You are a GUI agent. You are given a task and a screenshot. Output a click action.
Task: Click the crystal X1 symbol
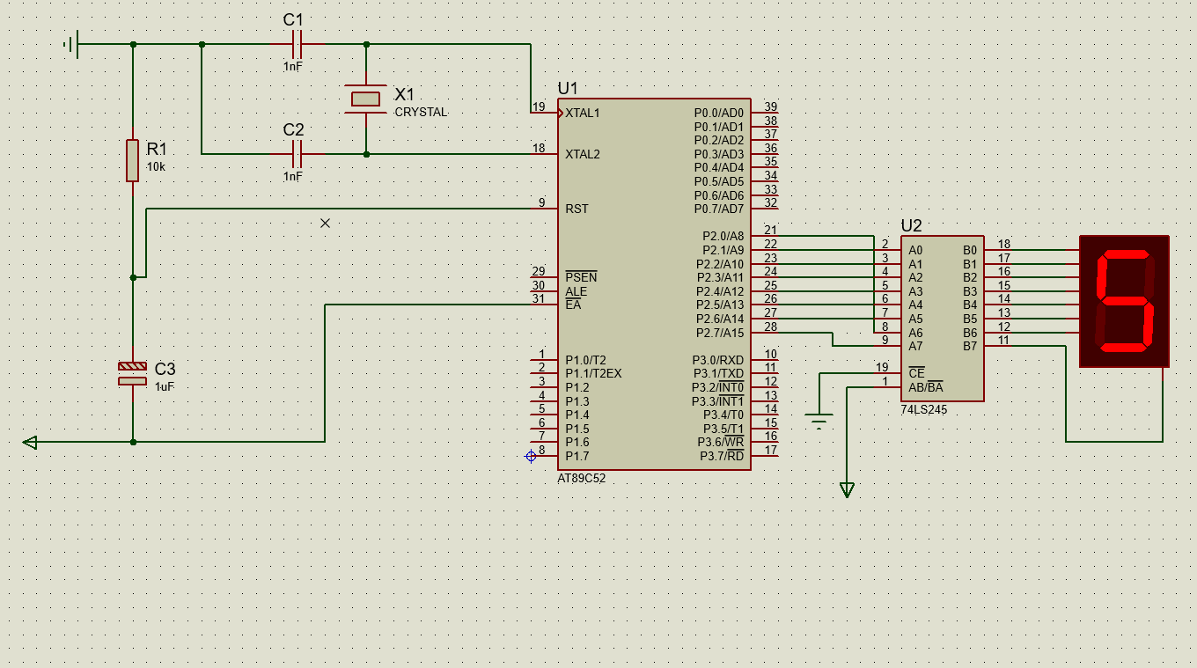[x=366, y=99]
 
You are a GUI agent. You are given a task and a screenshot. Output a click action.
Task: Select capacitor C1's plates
[x=297, y=44]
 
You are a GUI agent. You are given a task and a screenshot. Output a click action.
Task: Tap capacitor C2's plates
[x=297, y=154]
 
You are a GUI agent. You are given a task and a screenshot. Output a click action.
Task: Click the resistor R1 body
[x=133, y=161]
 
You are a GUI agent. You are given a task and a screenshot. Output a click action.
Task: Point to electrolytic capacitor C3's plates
[x=133, y=373]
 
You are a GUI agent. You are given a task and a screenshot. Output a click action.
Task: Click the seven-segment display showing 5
[x=1124, y=301]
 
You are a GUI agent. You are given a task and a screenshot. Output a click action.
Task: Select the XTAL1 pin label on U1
[x=583, y=113]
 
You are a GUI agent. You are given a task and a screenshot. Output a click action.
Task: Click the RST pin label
[x=576, y=209]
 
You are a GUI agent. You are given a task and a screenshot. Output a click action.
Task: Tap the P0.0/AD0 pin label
[x=719, y=113]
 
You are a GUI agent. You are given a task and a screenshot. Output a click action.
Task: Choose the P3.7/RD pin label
[x=722, y=456]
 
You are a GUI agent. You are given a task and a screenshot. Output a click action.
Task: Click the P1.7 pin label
[x=577, y=456]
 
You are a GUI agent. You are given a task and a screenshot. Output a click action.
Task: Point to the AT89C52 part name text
[x=582, y=478]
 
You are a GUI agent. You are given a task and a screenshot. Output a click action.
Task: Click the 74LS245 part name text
[x=924, y=410]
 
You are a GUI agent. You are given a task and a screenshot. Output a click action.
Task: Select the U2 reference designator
[x=911, y=225]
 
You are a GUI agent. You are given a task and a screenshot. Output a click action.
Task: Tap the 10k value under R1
[x=156, y=166]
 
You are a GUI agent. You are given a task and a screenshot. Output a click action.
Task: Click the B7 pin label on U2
[x=970, y=346]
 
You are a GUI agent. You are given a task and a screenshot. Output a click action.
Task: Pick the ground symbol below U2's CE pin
[x=819, y=421]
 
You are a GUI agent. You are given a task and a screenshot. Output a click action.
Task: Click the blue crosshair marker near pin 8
[x=531, y=456]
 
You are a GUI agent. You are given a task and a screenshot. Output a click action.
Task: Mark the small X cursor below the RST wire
[x=325, y=223]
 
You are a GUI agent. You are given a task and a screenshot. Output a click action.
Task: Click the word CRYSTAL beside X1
[x=421, y=113]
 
